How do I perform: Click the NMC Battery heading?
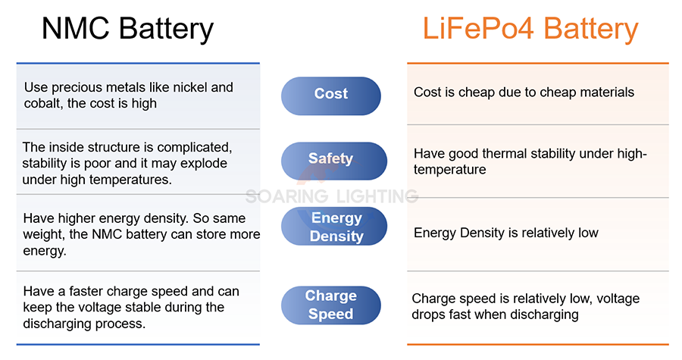point(127,29)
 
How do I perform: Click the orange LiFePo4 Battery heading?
point(530,29)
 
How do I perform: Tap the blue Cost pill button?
point(331,95)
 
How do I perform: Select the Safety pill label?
point(334,161)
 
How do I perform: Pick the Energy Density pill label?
point(334,226)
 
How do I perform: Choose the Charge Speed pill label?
point(331,305)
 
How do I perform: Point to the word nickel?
point(189,87)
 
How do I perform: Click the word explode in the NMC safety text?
point(204,164)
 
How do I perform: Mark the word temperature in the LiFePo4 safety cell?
point(449,170)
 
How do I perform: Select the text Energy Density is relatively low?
point(506,233)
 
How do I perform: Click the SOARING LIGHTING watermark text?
point(332,196)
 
